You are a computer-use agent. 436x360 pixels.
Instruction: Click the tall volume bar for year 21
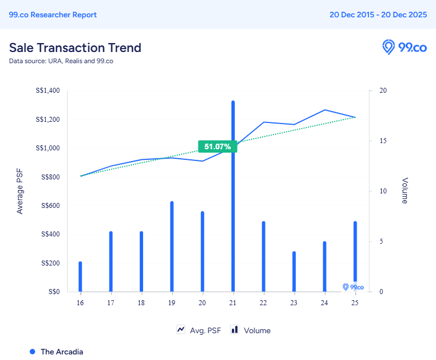pos(233,196)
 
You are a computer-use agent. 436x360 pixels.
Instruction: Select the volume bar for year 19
pos(172,246)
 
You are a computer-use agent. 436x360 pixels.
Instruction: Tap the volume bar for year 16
pos(80,276)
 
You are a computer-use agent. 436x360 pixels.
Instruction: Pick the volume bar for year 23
pos(294,271)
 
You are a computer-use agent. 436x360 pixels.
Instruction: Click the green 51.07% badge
pos(217,146)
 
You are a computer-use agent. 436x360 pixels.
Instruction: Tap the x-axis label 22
pos(263,302)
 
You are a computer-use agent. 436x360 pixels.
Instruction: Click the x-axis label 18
pos(141,302)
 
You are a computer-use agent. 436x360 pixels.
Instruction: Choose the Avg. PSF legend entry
pos(198,330)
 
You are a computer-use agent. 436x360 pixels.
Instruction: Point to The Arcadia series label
pos(61,352)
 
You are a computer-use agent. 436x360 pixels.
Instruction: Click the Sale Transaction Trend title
pos(75,48)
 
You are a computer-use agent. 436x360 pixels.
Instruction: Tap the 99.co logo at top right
pos(404,47)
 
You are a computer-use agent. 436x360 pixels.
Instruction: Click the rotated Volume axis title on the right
pos(405,191)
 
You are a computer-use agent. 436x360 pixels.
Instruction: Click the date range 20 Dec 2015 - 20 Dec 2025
pos(378,15)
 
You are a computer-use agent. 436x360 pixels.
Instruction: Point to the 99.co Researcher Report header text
pos(53,15)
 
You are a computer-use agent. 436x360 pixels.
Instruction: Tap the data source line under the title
pos(61,61)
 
